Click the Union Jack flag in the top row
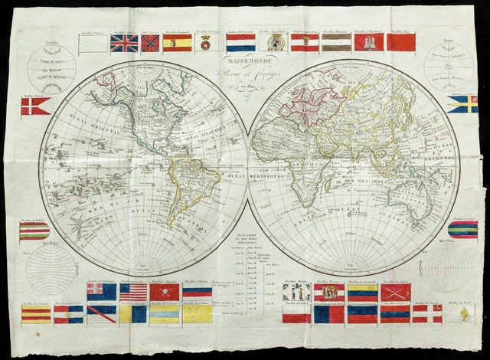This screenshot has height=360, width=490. click(x=124, y=43)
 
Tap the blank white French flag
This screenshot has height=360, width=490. click(x=93, y=43)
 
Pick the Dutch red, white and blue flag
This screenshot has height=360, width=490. click(x=240, y=43)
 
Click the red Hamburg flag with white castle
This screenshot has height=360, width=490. click(x=368, y=42)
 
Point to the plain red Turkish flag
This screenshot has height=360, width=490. click(x=401, y=42)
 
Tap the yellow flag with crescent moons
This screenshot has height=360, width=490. click(x=197, y=313)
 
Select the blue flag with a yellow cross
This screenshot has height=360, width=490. click(x=462, y=103)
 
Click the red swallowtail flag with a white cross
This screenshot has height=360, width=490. click(x=35, y=106)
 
